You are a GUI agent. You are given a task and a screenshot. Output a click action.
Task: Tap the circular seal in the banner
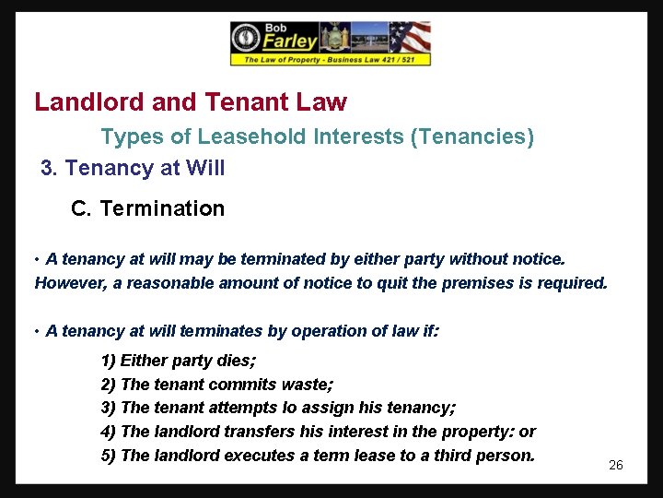click(246, 38)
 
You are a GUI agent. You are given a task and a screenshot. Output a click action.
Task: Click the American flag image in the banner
click(410, 38)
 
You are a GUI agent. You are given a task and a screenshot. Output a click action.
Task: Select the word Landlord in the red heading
click(77, 101)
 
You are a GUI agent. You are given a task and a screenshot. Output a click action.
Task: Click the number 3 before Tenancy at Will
click(47, 168)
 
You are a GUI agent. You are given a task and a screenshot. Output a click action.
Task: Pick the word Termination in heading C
click(162, 208)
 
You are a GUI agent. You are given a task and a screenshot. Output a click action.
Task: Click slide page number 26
click(616, 465)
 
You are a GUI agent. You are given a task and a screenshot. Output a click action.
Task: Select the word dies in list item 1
click(235, 361)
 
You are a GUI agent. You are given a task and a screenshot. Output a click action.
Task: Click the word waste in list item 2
click(309, 385)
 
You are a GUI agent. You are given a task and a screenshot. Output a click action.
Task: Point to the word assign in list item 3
click(325, 408)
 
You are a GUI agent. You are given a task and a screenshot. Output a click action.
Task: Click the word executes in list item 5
click(260, 455)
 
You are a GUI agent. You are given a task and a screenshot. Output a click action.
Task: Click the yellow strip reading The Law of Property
click(330, 60)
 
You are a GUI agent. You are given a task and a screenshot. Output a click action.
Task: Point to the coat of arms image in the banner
click(334, 38)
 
